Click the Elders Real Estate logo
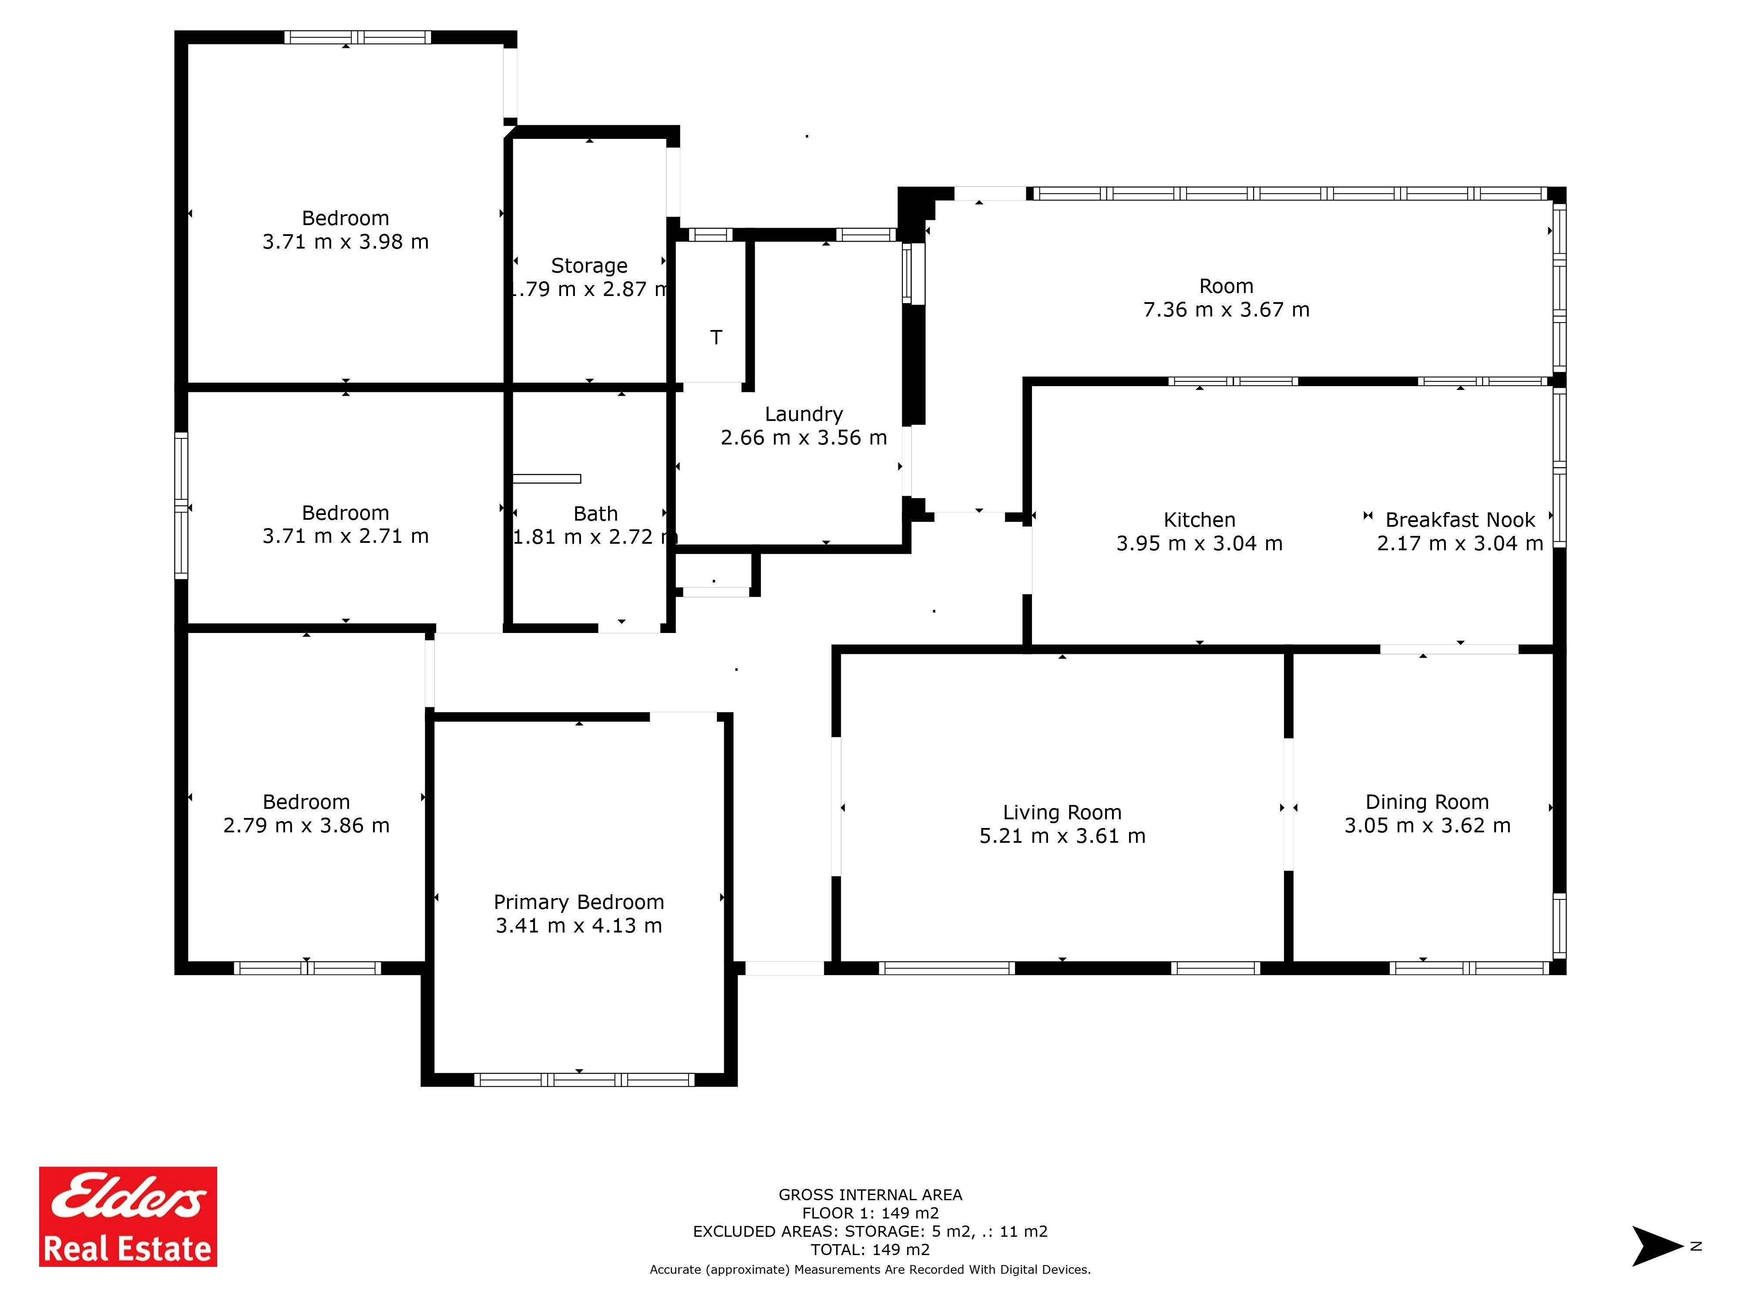click(x=128, y=1216)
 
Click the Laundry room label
click(x=803, y=414)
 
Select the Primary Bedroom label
click(x=578, y=902)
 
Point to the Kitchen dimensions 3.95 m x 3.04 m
click(x=1200, y=543)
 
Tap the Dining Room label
click(x=1427, y=802)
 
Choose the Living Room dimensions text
click(x=1062, y=836)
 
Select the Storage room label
click(x=589, y=266)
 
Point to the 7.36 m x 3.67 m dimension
click(x=1226, y=310)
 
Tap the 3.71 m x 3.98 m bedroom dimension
click(x=346, y=242)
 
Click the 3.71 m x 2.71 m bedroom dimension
click(x=346, y=536)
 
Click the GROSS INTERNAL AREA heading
click(x=870, y=1195)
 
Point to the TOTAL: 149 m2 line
click(x=870, y=1249)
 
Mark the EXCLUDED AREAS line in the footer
click(x=870, y=1231)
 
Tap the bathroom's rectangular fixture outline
click(x=547, y=478)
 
